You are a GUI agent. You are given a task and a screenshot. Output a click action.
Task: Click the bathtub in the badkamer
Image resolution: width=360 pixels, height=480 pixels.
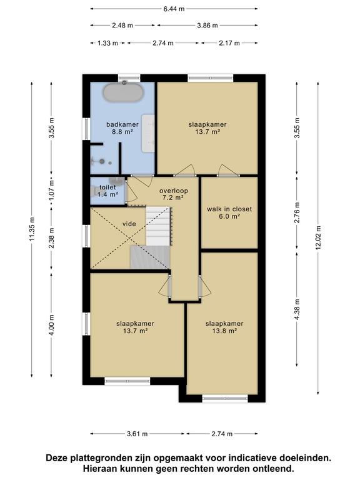pos(122,92)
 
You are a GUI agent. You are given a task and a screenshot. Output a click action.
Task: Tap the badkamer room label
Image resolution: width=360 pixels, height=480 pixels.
pos(122,124)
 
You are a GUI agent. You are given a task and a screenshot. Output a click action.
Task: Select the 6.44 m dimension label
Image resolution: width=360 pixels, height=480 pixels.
pos(174,9)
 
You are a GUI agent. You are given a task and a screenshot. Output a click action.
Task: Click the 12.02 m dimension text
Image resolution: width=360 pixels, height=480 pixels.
pos(318,238)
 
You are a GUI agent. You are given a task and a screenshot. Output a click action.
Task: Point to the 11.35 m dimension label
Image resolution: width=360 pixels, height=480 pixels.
pos(32,229)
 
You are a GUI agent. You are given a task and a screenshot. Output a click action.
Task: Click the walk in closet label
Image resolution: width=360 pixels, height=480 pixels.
pos(229,209)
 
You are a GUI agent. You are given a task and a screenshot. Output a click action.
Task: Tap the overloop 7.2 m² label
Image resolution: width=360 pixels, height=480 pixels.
pos(174,194)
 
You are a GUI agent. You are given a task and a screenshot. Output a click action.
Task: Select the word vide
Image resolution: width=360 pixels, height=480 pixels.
pos(129,224)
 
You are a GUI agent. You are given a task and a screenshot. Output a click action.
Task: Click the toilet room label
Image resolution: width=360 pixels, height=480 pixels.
pos(107,187)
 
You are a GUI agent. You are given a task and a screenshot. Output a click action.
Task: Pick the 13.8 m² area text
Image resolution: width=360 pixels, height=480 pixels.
pos(225,331)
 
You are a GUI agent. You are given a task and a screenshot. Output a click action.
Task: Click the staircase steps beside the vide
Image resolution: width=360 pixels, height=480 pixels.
pos(157,226)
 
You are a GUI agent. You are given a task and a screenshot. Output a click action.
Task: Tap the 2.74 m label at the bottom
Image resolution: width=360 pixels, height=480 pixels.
pos(222,434)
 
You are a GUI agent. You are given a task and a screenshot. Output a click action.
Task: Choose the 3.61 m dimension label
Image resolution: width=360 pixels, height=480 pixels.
pos(137,434)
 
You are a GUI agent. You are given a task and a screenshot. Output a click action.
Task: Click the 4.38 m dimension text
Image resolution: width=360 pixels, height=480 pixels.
pos(297,309)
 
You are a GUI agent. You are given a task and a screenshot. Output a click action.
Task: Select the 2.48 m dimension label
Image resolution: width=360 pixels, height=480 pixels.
pos(122,26)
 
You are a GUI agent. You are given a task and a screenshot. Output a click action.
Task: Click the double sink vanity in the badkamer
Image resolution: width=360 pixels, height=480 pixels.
pos(148,133)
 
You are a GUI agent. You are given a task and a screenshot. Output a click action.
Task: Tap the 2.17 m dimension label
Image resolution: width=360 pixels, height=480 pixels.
pos(229,43)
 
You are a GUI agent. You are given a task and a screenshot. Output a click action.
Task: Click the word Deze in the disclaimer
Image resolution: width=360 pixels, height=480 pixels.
pos(57,458)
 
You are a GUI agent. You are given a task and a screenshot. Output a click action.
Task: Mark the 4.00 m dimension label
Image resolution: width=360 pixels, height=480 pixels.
pos(51,325)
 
